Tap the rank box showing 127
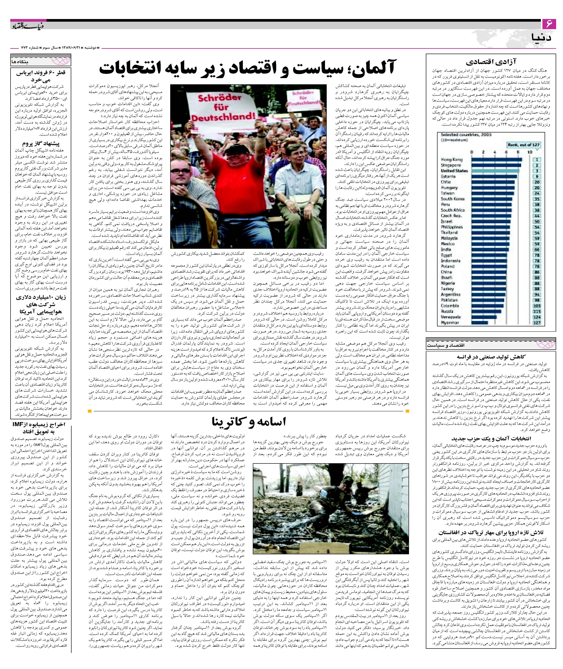537,323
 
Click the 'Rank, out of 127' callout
523,145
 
